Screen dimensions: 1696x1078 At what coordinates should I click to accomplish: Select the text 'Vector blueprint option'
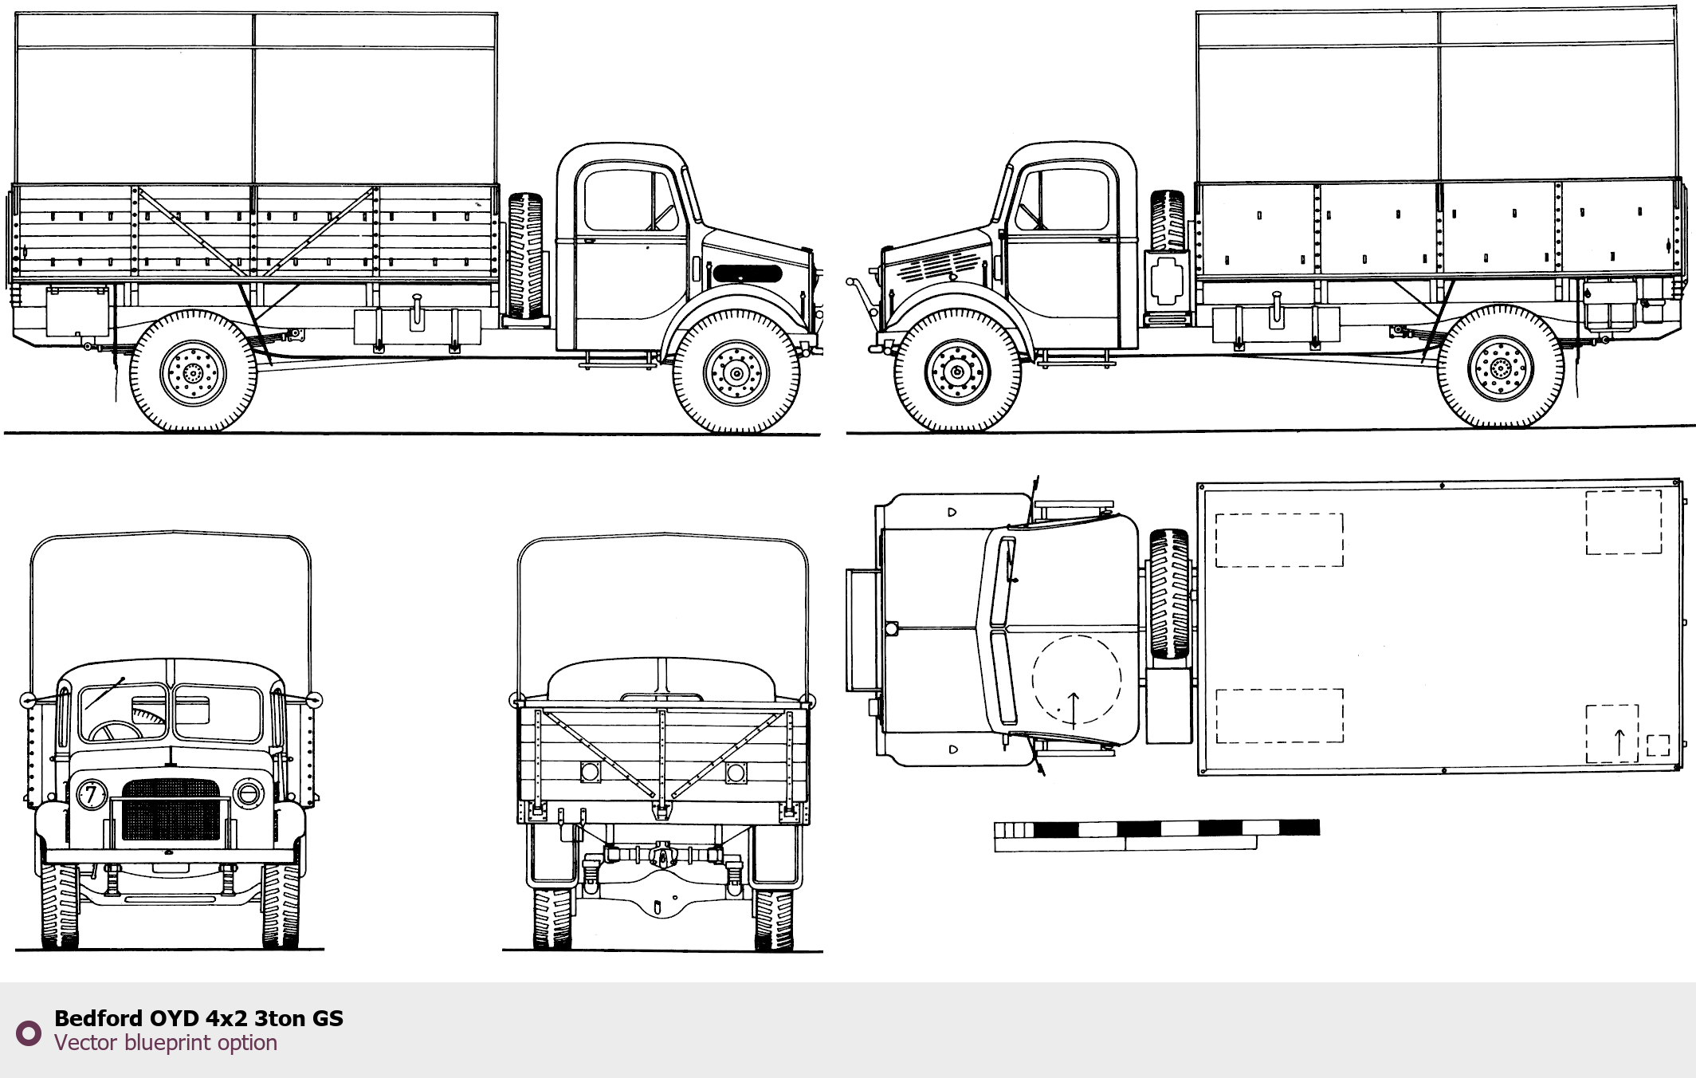[x=166, y=1043]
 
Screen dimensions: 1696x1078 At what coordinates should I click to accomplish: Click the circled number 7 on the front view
[x=91, y=794]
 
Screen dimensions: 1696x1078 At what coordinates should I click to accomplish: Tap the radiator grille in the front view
[x=171, y=810]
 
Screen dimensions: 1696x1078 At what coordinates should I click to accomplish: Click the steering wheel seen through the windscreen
[x=116, y=730]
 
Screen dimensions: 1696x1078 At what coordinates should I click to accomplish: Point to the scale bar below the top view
[x=1156, y=835]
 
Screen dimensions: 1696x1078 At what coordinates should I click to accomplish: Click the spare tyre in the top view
[x=1169, y=593]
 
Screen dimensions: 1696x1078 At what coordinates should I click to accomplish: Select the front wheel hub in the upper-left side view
[x=736, y=373]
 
